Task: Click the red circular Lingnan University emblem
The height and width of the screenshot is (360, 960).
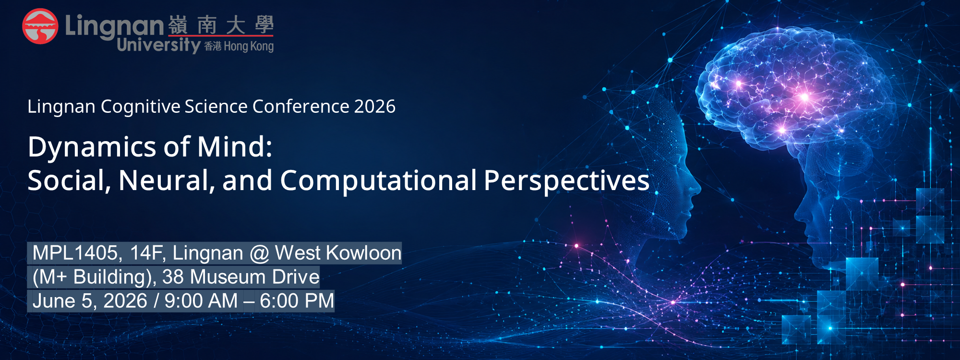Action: coord(40,26)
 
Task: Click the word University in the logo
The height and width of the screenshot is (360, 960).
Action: coord(158,45)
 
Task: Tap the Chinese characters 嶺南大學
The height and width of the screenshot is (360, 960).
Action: coord(221,25)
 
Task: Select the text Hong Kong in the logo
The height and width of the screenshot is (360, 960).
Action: coord(249,47)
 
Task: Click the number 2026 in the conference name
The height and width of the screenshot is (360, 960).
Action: coord(375,107)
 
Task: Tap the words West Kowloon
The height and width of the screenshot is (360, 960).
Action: coord(338,253)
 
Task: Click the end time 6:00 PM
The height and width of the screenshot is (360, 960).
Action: coord(297,301)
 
